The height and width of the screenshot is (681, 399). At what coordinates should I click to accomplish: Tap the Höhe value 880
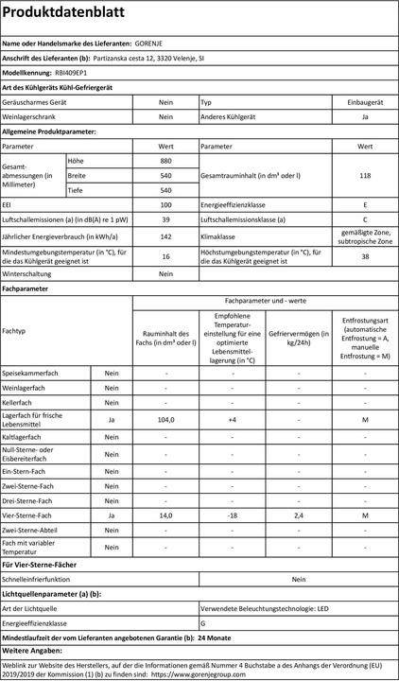pos(165,161)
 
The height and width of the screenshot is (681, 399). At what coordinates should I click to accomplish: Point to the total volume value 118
pos(365,176)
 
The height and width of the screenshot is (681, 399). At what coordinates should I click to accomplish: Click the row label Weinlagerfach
pos(26,388)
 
